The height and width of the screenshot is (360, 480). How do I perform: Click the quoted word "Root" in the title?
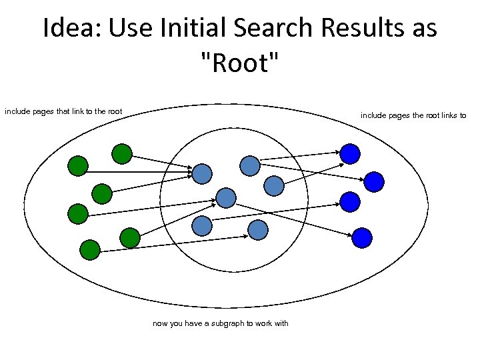coord(239,65)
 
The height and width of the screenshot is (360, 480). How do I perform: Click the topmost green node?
coord(121,154)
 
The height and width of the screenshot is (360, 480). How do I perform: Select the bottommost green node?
coord(89,249)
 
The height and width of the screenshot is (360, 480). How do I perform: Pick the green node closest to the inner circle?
coord(130,237)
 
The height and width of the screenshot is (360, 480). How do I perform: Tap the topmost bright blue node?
coord(350,154)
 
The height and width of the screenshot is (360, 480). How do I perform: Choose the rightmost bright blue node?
coord(374,181)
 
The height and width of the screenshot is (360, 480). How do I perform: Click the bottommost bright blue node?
coord(362,237)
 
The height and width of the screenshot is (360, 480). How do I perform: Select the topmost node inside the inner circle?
coord(249,165)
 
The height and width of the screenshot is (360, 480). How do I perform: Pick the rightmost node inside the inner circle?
coord(274,186)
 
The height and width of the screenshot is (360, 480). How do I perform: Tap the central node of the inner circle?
coord(226,197)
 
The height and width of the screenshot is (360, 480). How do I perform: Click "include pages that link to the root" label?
coord(63,111)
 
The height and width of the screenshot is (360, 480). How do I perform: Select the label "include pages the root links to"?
coord(413,115)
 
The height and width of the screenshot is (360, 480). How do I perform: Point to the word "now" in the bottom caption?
coord(160,323)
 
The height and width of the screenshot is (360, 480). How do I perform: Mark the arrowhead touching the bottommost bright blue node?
coord(351,235)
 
